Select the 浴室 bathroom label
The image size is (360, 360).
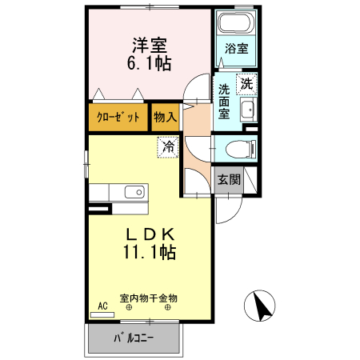coord(235,49)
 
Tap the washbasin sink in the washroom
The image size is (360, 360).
coord(247,110)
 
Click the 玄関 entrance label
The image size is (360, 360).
coord(230,179)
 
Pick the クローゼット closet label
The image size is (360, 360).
coord(118,117)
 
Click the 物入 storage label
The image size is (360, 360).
coord(165,117)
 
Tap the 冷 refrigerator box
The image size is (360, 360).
coord(168,146)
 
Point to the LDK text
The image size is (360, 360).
coord(149,234)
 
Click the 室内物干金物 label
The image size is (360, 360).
coord(149,298)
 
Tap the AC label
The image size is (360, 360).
coord(102,306)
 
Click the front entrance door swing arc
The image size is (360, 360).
coord(226,210)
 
